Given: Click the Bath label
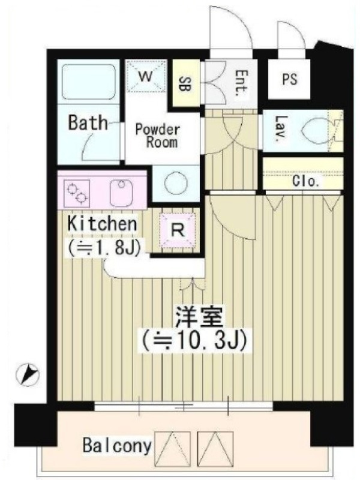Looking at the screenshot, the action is click(88, 122).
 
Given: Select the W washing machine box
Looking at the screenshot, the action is click(146, 76).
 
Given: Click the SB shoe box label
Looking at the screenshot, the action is click(185, 83).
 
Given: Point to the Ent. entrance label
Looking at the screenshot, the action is click(242, 83).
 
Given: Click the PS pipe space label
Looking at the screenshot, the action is click(289, 79).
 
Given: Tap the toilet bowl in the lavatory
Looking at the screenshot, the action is click(316, 131).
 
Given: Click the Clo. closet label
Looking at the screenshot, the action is click(307, 182).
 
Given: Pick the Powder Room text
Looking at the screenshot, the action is click(158, 136).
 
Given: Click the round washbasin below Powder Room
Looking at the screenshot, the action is click(175, 183).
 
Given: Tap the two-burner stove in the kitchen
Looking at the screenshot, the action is click(77, 192).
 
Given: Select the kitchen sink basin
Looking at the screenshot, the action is click(121, 192).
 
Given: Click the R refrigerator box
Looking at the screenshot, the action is click(178, 230).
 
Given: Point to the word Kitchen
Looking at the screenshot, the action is click(102, 224).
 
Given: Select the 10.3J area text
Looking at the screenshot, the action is click(194, 340).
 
